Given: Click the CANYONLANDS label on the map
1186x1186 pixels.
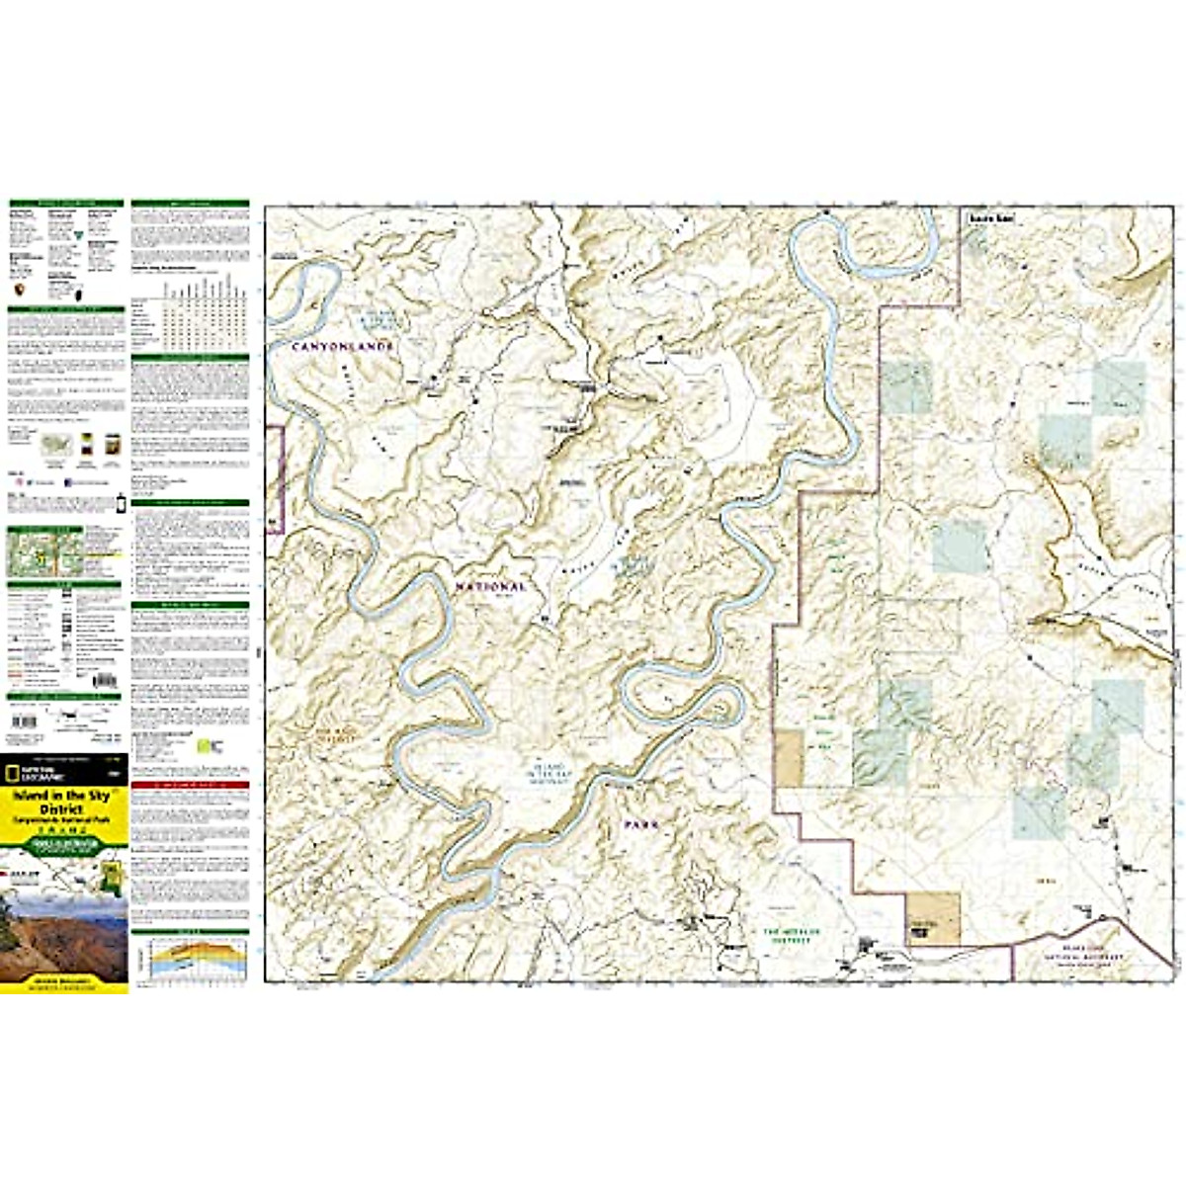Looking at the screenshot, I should [343, 347].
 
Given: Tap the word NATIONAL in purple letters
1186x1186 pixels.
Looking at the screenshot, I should [490, 587].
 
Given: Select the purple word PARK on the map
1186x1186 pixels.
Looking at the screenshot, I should [639, 823].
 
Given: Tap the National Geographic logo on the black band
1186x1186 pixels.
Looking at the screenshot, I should [24, 770].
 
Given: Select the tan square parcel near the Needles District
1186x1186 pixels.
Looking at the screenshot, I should [934, 918].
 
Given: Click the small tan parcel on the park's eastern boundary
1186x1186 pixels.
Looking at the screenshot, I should [789, 759].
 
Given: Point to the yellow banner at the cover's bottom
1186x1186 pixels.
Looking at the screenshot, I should [63, 984].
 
